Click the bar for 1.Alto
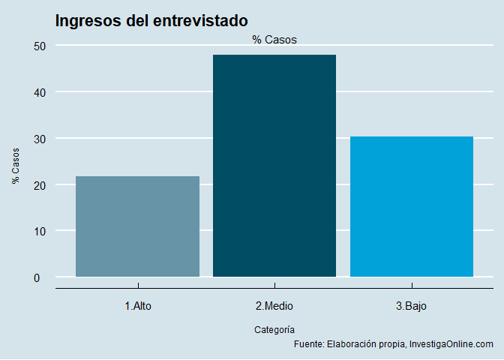coord(137,226)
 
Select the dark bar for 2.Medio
coord(274,166)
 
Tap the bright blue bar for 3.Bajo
coord(412,206)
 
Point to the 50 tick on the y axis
coord(40,46)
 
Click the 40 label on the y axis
coord(40,92)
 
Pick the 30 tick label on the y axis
coord(40,139)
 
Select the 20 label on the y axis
coord(40,185)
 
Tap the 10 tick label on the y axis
coord(40,231)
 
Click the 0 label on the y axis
coord(43,277)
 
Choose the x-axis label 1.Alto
coord(137,306)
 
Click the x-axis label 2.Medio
coord(274,306)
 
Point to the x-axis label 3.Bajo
coord(412,306)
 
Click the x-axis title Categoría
coord(274,329)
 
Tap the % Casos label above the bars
coord(274,40)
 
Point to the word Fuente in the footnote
coord(308,344)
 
